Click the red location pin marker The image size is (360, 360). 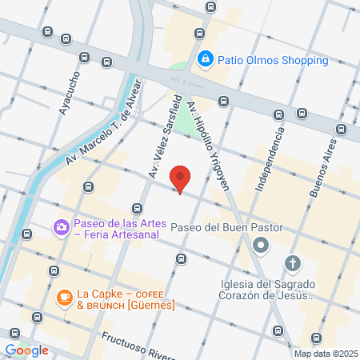(181, 180)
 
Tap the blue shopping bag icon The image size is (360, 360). (206, 58)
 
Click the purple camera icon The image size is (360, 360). (61, 228)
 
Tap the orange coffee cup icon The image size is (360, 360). (64, 297)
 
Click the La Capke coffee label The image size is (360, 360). (126, 298)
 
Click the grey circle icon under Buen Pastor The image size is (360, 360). (259, 248)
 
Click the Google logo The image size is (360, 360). (26, 350)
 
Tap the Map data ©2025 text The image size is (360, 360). (323, 354)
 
